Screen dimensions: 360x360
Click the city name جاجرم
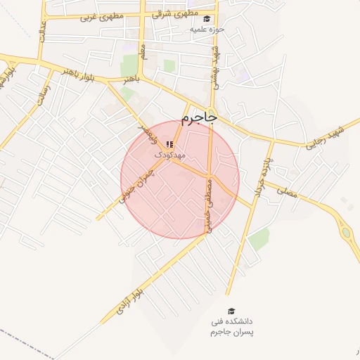click(x=198, y=117)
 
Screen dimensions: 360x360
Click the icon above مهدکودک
click(x=169, y=144)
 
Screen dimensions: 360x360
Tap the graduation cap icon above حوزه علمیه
click(x=207, y=20)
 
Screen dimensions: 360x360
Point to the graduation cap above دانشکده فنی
click(x=231, y=310)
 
